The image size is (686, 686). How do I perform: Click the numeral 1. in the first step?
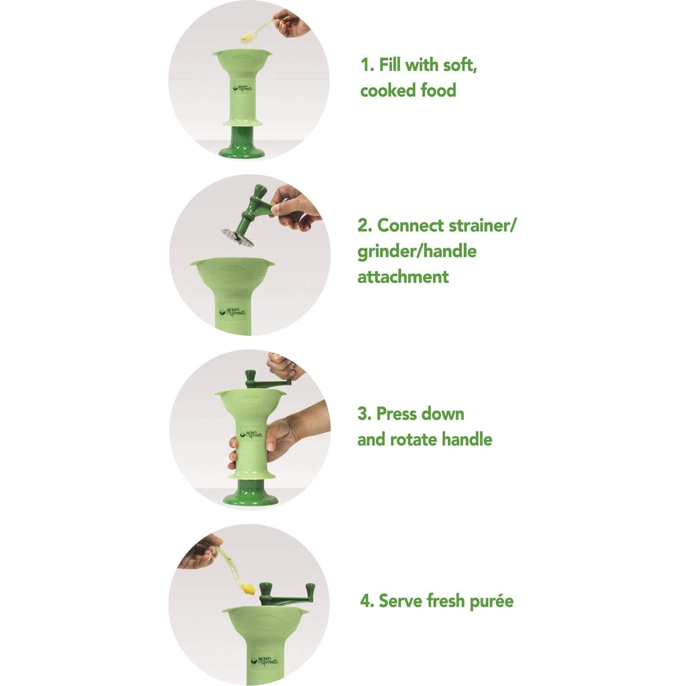pyautogui.click(x=368, y=65)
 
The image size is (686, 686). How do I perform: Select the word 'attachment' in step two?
pyautogui.click(x=403, y=277)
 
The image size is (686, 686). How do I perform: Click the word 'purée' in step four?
pyautogui.click(x=491, y=600)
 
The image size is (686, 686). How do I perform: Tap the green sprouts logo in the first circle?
pyautogui.click(x=243, y=88)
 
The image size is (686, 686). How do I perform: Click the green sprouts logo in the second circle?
pyautogui.click(x=233, y=312)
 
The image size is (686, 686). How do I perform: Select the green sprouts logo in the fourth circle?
pyautogui.click(x=264, y=661)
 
